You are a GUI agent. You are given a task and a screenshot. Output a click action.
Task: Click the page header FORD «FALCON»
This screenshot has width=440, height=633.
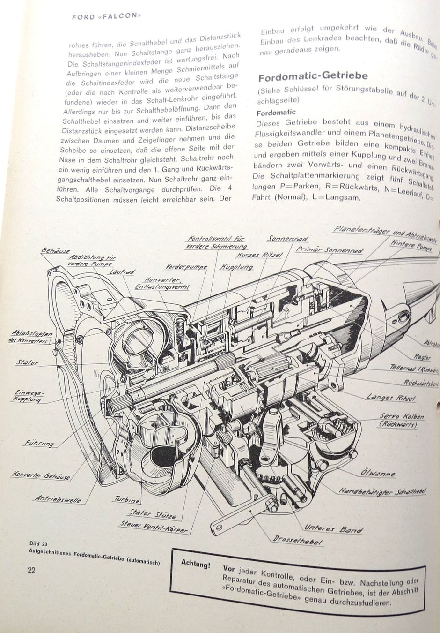(x=106, y=15)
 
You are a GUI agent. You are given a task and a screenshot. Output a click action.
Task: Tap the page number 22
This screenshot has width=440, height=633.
(x=31, y=570)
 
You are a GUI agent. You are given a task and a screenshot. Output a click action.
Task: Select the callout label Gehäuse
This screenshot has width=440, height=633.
(x=55, y=251)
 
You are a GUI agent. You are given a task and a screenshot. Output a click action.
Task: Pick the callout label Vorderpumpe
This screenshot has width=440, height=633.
(x=186, y=267)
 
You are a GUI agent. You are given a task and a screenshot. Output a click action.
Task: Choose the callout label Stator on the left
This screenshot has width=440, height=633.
(x=27, y=362)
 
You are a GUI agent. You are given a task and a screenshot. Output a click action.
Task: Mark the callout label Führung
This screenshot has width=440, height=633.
(x=39, y=443)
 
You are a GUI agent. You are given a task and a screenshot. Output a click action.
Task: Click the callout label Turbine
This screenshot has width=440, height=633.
(x=127, y=500)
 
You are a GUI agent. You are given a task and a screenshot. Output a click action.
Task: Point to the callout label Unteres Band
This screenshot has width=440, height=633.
(x=333, y=528)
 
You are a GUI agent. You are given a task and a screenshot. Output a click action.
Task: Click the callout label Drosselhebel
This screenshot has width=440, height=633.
(x=298, y=540)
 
